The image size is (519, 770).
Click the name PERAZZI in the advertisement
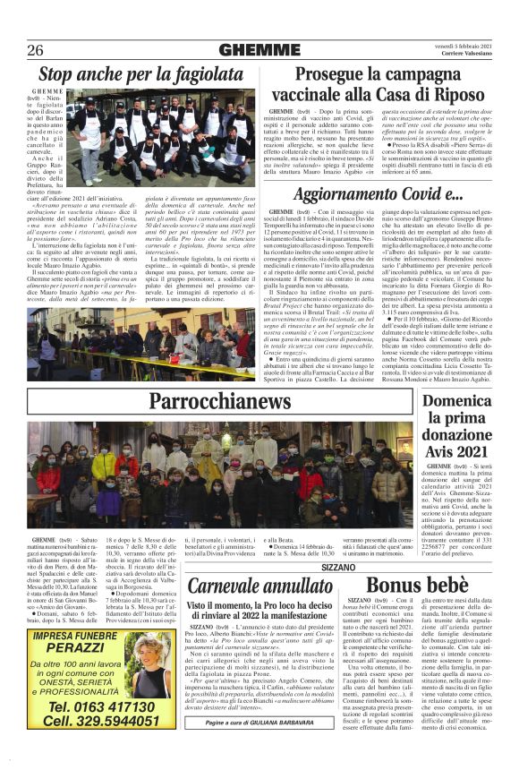pyautogui.click(x=81, y=646)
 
